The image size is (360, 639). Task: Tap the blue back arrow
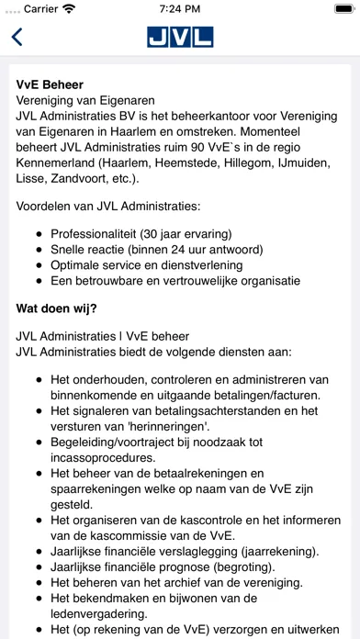pos(17,38)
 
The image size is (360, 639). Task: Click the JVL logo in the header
pos(180,38)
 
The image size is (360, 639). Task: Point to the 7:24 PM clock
pos(180,10)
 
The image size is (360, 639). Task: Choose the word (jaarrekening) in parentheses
pos(273,551)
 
